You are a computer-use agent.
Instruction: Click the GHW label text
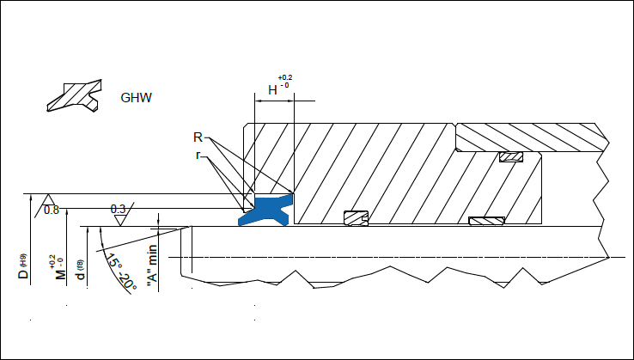pyautogui.click(x=137, y=97)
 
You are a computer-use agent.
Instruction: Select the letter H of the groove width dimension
pyautogui.click(x=272, y=89)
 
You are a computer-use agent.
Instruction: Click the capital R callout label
pyautogui.click(x=198, y=137)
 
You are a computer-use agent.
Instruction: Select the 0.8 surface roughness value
pyautogui.click(x=51, y=210)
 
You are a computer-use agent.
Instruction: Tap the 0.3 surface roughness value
pyautogui.click(x=118, y=209)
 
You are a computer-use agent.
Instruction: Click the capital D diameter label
pyautogui.click(x=24, y=275)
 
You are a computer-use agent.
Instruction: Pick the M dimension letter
pyautogui.click(x=61, y=274)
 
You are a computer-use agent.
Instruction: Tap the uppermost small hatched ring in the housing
pyautogui.click(x=511, y=157)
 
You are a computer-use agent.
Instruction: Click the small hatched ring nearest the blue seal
pyautogui.click(x=355, y=218)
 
